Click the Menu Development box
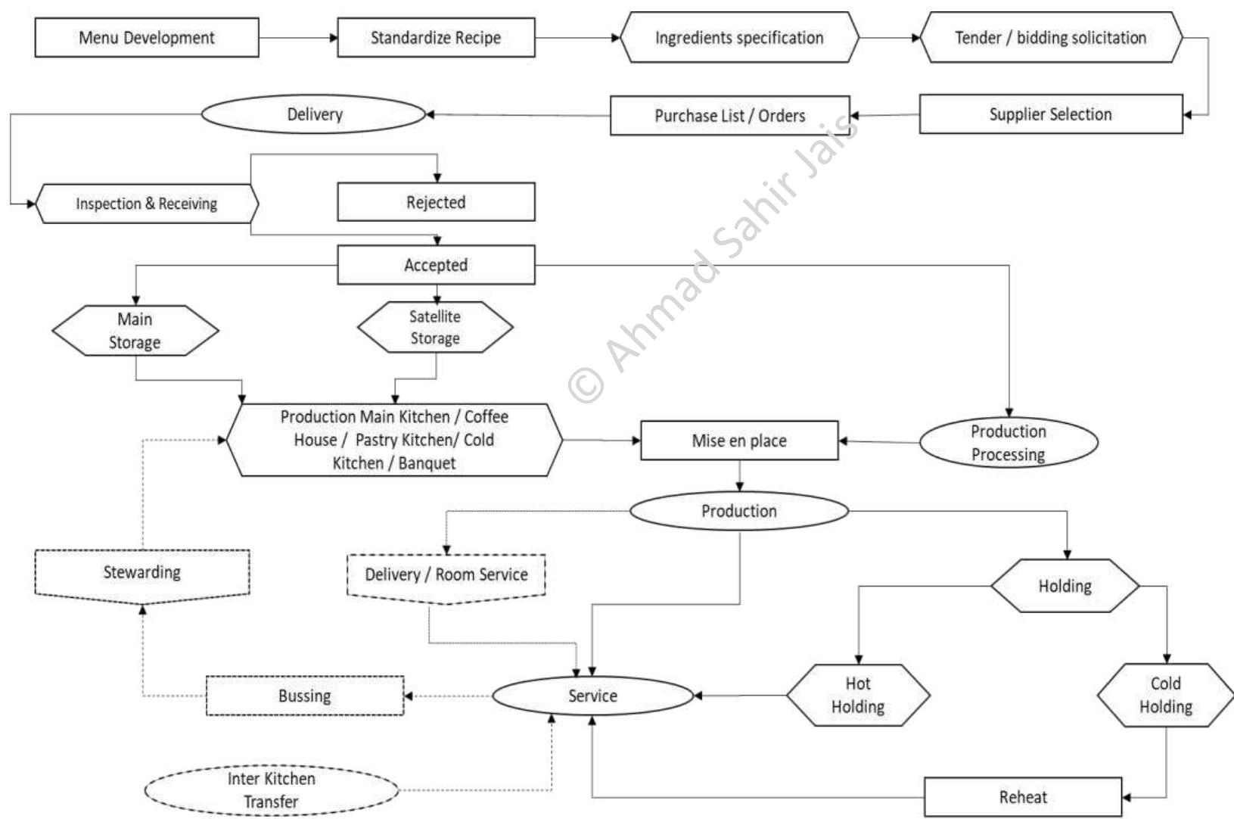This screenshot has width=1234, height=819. click(147, 38)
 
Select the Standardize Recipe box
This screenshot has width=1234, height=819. click(436, 38)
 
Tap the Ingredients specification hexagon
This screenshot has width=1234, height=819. click(739, 38)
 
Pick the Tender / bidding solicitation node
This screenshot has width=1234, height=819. click(1050, 38)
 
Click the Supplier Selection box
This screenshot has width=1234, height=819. click(1050, 114)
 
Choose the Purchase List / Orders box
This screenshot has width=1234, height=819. click(729, 116)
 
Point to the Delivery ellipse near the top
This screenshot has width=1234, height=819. click(314, 114)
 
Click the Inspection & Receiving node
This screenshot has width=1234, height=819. click(147, 204)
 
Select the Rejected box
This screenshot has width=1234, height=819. click(436, 202)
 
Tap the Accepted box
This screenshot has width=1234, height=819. click(436, 265)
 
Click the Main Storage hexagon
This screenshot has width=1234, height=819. click(135, 331)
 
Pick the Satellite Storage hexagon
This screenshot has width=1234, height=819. click(435, 328)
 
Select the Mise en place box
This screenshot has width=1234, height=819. click(739, 441)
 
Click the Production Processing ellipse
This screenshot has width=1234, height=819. click(1009, 443)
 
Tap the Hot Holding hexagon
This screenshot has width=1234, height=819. click(858, 695)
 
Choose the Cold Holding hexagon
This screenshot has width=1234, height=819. click(1165, 695)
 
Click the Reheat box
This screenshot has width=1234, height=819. click(1023, 797)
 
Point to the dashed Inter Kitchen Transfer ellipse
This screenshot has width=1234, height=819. click(272, 790)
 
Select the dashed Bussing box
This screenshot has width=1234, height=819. click(305, 696)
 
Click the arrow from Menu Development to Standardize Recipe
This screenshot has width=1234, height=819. click(298, 38)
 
